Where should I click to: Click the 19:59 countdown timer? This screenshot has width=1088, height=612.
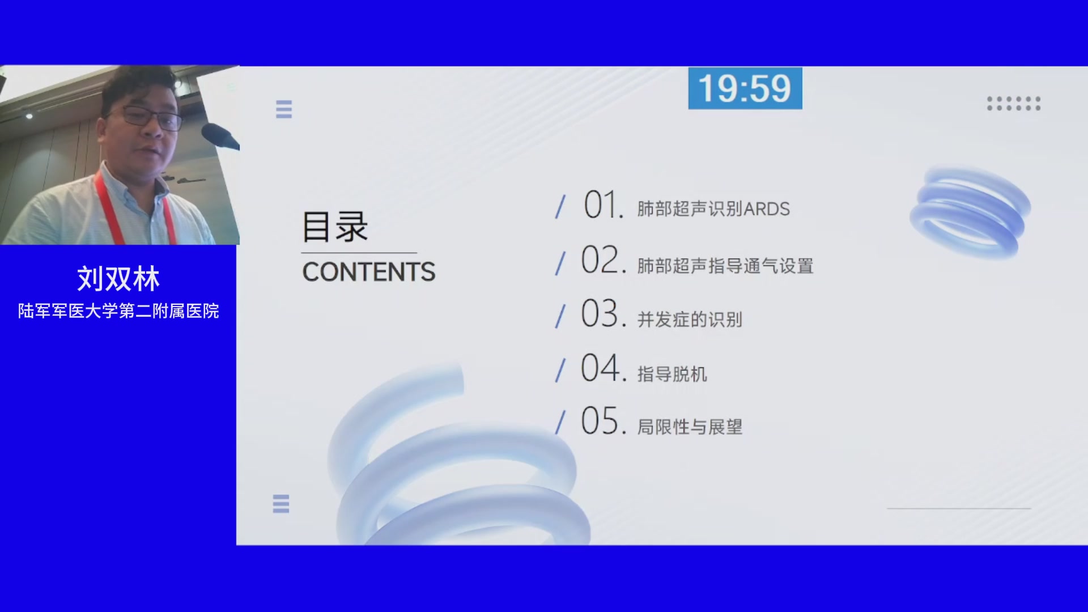tap(745, 88)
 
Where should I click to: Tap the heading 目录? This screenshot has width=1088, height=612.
tap(335, 227)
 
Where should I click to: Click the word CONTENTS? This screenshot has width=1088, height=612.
tap(369, 272)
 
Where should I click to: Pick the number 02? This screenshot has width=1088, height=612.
tap(603, 260)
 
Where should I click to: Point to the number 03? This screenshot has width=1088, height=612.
tap(603, 313)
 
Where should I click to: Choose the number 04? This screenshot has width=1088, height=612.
tap(603, 368)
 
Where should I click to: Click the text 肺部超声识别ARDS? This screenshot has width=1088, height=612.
tap(713, 209)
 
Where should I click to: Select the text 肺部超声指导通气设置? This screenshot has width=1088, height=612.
tap(725, 266)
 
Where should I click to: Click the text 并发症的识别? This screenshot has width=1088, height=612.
tap(690, 320)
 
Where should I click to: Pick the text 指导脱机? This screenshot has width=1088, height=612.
tap(672, 374)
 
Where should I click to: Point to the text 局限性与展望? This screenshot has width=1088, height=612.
tap(690, 427)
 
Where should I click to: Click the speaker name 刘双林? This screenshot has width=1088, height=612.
tap(118, 279)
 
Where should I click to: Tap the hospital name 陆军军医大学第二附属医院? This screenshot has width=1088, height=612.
tap(118, 311)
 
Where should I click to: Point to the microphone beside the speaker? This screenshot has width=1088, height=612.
tap(220, 136)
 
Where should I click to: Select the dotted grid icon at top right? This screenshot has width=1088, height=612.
tap(1014, 104)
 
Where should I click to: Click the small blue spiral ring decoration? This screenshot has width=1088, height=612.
tap(970, 212)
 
